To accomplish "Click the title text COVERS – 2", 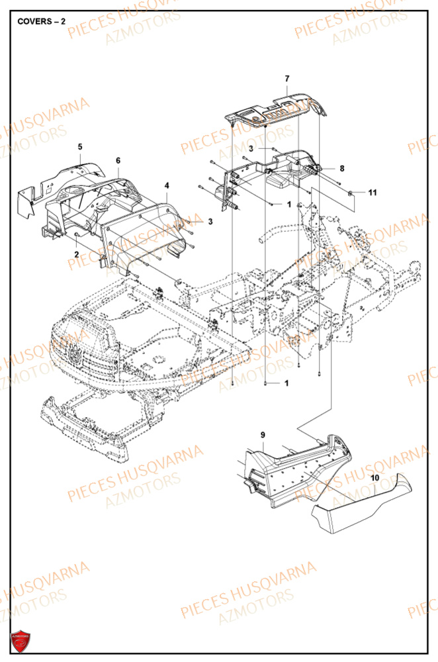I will pyautogui.click(x=41, y=21).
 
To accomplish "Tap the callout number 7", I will pyautogui.click(x=287, y=79).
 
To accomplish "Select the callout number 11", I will pyautogui.click(x=372, y=193).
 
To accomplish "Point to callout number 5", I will pyautogui.click(x=80, y=146).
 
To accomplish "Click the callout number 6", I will pyautogui.click(x=118, y=161).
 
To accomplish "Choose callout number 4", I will pyautogui.click(x=167, y=185).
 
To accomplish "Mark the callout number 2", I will pyautogui.click(x=76, y=254).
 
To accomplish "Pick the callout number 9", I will pyautogui.click(x=263, y=434).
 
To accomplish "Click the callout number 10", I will pyautogui.click(x=374, y=477).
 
